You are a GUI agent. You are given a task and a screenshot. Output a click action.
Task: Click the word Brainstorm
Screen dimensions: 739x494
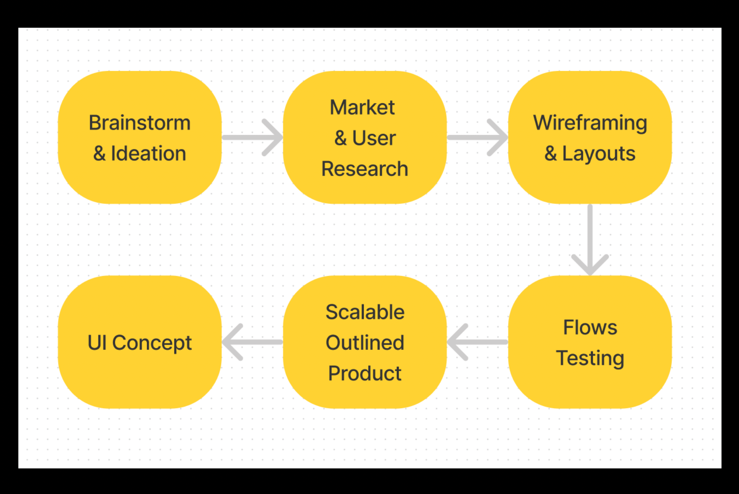point(140,123)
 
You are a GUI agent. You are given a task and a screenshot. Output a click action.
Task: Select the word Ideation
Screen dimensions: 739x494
point(148,154)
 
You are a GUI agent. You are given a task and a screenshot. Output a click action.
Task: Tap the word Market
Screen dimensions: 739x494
point(362,108)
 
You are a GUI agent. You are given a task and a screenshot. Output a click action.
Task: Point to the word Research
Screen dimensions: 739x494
point(365,169)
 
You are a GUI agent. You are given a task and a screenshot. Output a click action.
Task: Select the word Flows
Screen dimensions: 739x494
point(590,328)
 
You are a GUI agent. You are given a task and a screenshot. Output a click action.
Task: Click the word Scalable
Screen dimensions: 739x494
point(365,312)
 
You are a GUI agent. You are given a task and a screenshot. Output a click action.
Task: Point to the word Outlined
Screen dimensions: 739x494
point(365,343)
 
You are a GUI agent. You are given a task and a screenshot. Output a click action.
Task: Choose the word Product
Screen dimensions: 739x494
point(365,374)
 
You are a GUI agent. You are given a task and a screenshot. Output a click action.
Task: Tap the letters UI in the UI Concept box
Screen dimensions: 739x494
point(97,343)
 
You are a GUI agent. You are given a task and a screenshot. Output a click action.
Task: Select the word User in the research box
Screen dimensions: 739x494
point(374,138)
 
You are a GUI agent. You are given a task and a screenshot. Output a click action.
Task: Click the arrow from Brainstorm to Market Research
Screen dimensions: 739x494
point(252,137)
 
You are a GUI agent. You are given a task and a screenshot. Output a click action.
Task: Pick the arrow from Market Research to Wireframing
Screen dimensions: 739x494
point(477,137)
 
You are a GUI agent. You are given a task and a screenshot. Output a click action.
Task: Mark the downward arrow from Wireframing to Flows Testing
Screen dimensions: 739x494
point(590,240)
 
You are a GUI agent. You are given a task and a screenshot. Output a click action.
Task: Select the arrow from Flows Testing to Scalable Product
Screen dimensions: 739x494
point(477,342)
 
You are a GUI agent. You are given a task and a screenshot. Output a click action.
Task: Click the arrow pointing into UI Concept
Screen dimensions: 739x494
point(252,342)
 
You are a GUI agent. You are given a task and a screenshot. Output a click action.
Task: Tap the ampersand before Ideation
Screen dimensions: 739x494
point(99,154)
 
